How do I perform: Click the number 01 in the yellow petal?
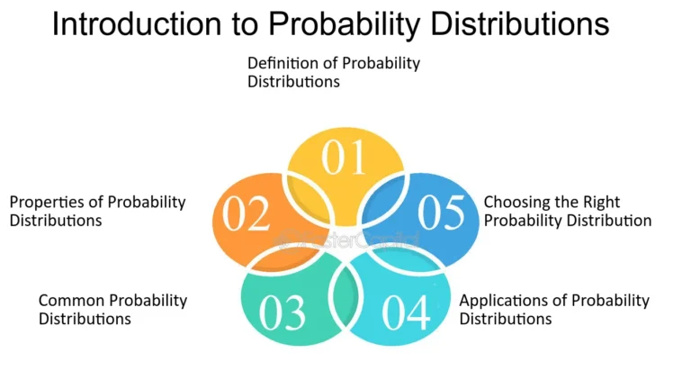click(345, 158)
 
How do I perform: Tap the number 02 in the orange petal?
click(247, 214)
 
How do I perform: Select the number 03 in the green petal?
click(283, 312)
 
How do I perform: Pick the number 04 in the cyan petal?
click(405, 312)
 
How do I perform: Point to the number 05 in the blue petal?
click(441, 213)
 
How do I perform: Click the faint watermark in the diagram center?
click(346, 240)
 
